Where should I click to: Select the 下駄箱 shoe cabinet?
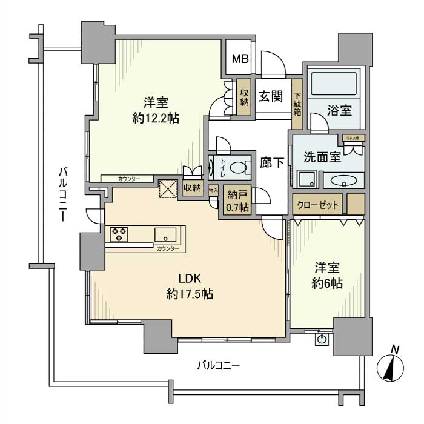pyautogui.click(x=297, y=104)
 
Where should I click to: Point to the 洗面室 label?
pyautogui.click(x=322, y=159)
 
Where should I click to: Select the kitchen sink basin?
pyautogui.click(x=165, y=234)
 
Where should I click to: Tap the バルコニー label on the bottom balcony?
pyautogui.click(x=219, y=365)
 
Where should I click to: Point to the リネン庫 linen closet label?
pyautogui.click(x=352, y=138)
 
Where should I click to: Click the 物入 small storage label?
pyautogui.click(x=213, y=190)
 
